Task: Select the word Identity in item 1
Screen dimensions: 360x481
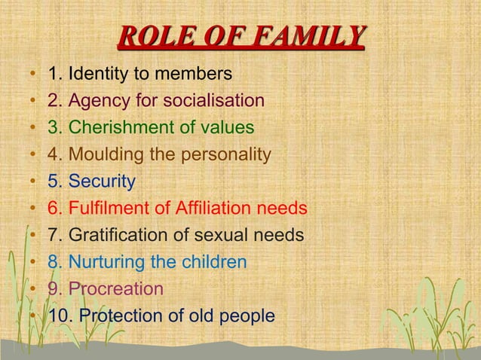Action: (97, 74)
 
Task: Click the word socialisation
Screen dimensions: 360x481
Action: (218, 100)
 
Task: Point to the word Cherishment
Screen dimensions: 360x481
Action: (121, 127)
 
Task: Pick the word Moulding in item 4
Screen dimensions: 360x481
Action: (102, 154)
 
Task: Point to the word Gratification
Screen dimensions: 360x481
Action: (113, 235)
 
